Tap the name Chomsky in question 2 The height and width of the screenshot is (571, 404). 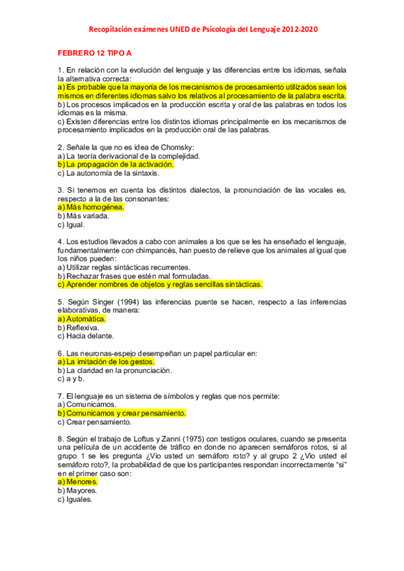[177, 147]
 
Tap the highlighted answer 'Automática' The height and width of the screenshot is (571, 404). [82, 319]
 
